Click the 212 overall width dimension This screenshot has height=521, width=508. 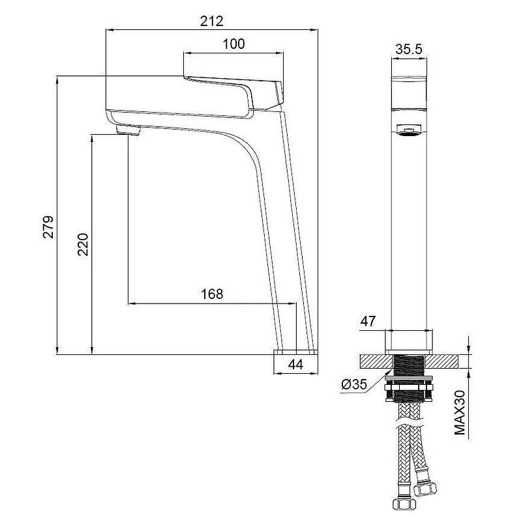[211, 21]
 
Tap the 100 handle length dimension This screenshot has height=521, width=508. [233, 44]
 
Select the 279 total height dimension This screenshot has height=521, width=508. [48, 227]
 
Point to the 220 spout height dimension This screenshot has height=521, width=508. [83, 244]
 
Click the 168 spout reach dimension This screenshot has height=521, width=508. [212, 294]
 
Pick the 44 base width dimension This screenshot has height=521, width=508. [295, 365]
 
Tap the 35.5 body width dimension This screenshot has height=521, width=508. [408, 49]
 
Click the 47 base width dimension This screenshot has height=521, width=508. [368, 321]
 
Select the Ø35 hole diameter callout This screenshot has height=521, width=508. [354, 384]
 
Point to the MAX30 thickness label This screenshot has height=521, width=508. [460, 413]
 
